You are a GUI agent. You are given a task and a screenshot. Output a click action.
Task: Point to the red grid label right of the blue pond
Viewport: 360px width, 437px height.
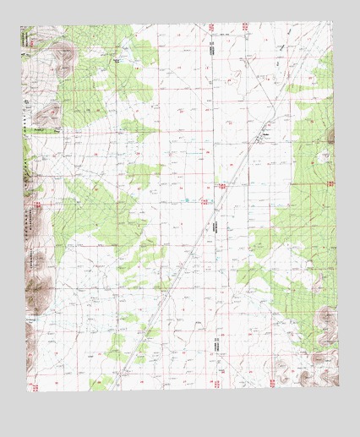click(203, 200)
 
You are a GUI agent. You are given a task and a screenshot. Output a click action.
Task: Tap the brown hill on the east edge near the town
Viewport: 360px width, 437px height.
click(330, 135)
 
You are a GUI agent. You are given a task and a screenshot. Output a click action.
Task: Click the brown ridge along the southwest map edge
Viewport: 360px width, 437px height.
click(34, 287)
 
